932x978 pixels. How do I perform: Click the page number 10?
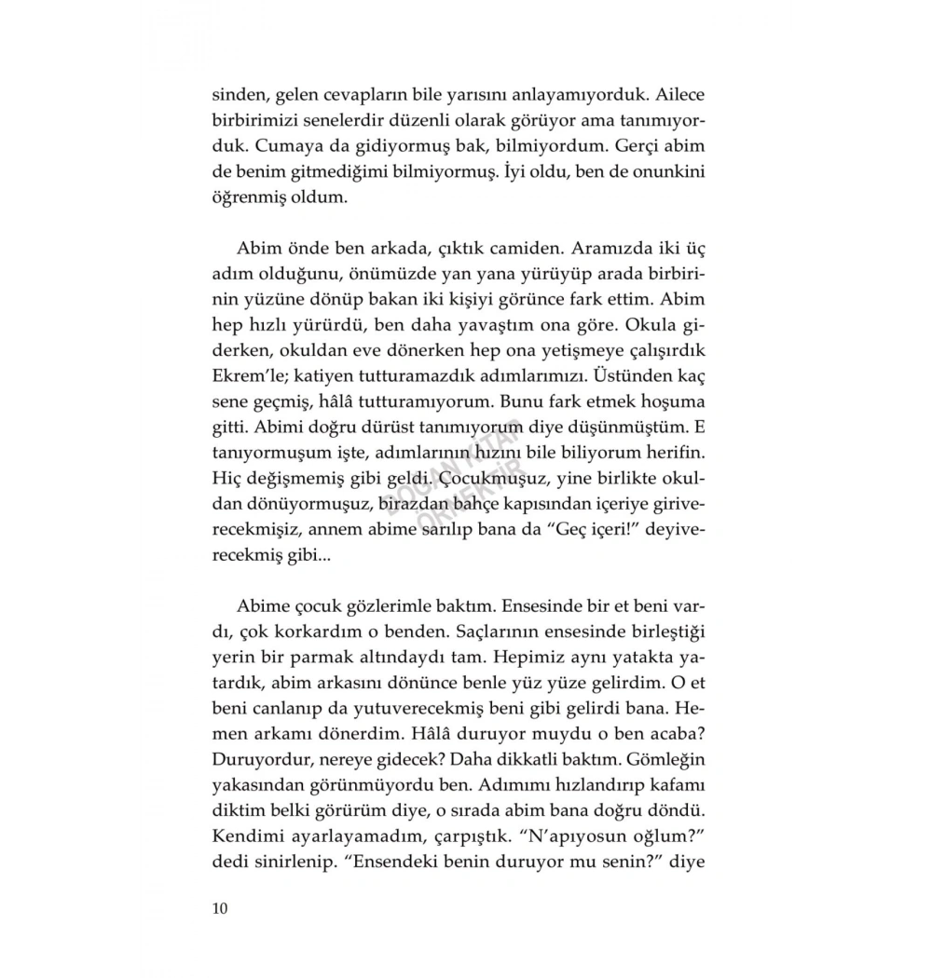pyautogui.click(x=221, y=908)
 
